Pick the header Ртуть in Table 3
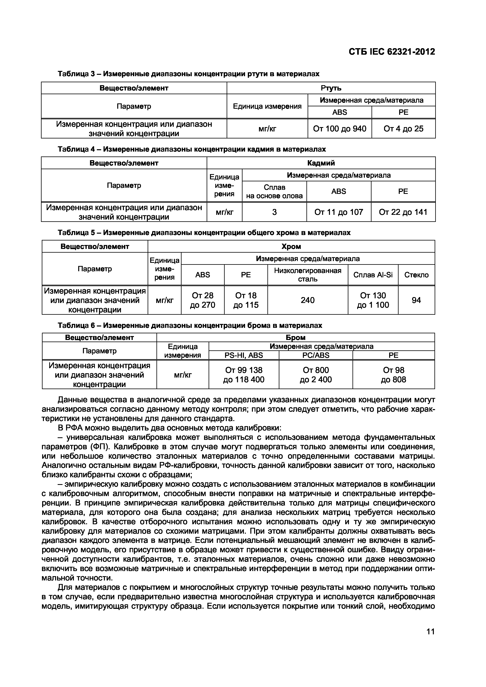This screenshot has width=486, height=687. pos(331,88)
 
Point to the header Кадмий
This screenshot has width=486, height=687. pos(321,163)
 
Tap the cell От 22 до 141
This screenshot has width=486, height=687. pos(403,212)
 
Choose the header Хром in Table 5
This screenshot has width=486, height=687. pos(291,247)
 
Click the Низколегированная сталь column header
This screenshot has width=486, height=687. pos(308,275)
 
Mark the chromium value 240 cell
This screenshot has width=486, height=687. pos(308,300)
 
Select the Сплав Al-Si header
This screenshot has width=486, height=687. pos(373,275)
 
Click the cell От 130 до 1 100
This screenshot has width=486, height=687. pos(373,300)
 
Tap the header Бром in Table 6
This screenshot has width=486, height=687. pos(296,337)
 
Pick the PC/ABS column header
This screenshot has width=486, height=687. pos(316,355)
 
